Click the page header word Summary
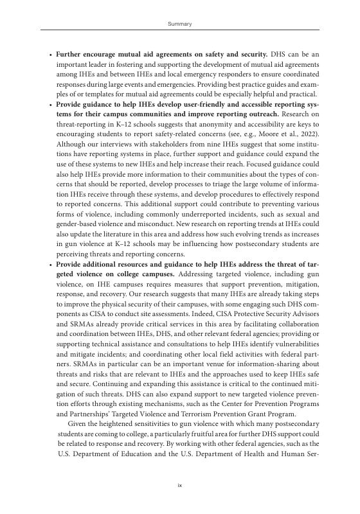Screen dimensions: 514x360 coord(179,24)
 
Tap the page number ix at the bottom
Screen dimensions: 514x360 coord(179,486)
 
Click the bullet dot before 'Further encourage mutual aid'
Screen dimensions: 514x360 coord(51,56)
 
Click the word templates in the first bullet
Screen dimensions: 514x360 coord(101,94)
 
